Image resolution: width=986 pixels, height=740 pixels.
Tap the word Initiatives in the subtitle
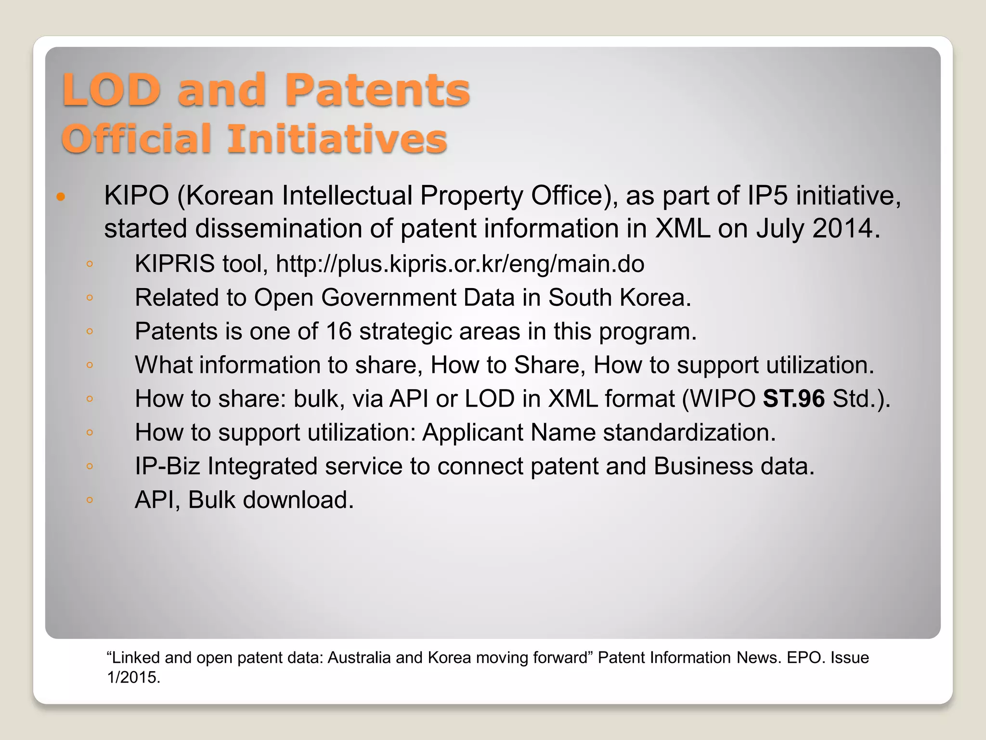coord(337,139)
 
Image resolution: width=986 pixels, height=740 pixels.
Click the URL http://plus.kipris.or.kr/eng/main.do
coord(460,264)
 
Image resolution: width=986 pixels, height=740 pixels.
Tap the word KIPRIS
coord(174,264)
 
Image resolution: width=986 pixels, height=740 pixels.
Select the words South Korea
coord(619,298)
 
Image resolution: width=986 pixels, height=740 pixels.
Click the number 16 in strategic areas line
coord(339,331)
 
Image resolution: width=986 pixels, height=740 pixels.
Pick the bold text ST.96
coord(794,399)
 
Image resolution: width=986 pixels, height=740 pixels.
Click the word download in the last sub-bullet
coord(298,500)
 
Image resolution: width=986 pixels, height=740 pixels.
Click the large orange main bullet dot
coord(61,197)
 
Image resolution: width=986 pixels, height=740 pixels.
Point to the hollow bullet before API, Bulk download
coord(90,500)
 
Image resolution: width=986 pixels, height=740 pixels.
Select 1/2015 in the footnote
coord(133,677)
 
